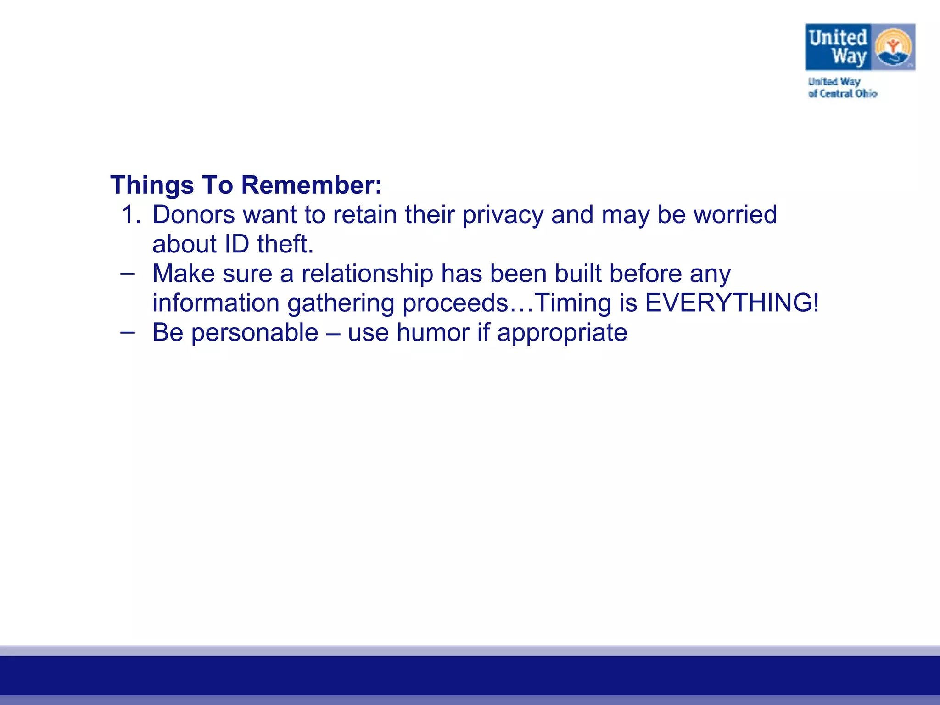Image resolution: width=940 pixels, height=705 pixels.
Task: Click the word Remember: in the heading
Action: (x=311, y=185)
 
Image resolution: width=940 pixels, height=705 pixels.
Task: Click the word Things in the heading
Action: (x=152, y=185)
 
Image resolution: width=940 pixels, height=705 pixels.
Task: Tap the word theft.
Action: (x=285, y=244)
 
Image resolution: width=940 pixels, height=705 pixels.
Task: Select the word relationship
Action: (x=367, y=274)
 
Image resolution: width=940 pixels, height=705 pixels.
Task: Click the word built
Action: (x=578, y=274)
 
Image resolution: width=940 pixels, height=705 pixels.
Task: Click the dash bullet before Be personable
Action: (x=128, y=332)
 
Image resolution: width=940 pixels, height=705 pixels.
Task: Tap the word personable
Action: (x=255, y=333)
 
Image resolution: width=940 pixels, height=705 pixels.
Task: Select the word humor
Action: (x=433, y=333)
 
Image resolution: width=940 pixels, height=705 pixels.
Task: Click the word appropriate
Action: (x=562, y=333)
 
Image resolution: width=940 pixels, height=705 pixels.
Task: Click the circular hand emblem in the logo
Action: (x=893, y=47)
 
